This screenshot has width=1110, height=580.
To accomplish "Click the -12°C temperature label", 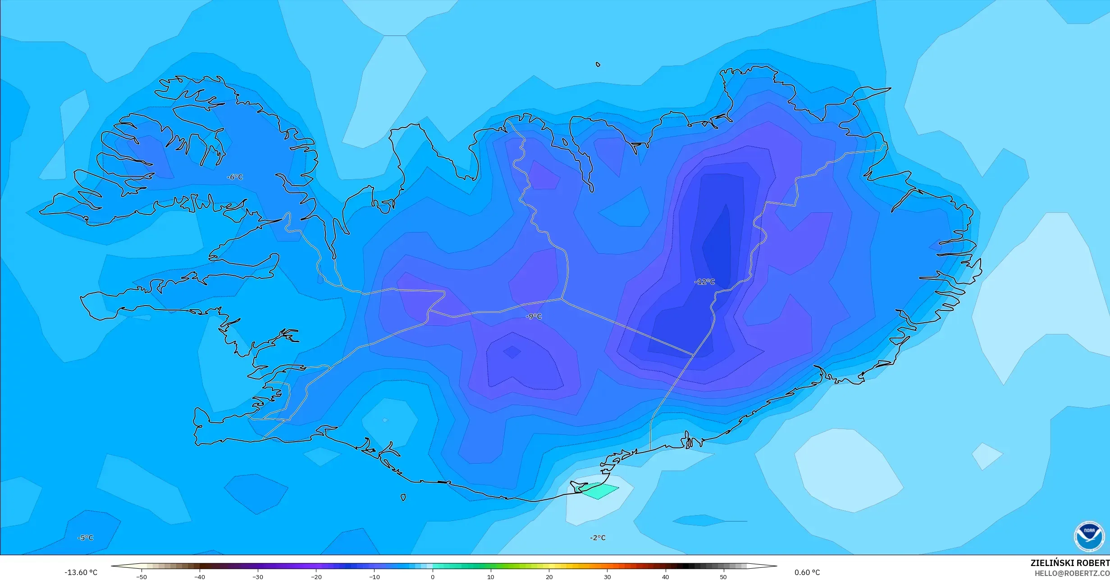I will pyautogui.click(x=705, y=282).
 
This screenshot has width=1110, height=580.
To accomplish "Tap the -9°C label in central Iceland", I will pyautogui.click(x=534, y=317).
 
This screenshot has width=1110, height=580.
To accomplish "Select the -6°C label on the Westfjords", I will pyautogui.click(x=234, y=177).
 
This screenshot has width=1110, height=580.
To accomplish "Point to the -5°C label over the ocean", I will pyautogui.click(x=85, y=538).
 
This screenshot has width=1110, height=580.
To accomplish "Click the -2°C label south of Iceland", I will pyautogui.click(x=598, y=538).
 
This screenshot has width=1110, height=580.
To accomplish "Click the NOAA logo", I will pyautogui.click(x=1089, y=536).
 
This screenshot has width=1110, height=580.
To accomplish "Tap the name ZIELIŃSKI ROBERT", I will pyautogui.click(x=1069, y=563).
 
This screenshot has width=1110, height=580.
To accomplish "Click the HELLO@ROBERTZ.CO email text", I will pyautogui.click(x=1071, y=573).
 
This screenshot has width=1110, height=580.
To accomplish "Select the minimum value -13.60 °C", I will pyautogui.click(x=81, y=572).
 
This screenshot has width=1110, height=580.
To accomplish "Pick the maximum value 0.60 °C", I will pyautogui.click(x=807, y=572).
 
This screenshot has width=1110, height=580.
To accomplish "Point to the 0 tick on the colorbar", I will pyautogui.click(x=433, y=576).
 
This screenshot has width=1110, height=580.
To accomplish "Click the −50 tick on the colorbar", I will pyautogui.click(x=142, y=576).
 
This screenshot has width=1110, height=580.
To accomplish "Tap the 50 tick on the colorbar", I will pyautogui.click(x=723, y=576).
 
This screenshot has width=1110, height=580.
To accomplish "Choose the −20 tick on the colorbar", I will pyautogui.click(x=316, y=576).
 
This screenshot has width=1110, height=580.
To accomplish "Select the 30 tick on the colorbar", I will pyautogui.click(x=607, y=576).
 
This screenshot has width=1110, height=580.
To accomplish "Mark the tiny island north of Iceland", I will pyautogui.click(x=598, y=64).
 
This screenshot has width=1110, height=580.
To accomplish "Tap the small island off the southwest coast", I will pyautogui.click(x=403, y=498).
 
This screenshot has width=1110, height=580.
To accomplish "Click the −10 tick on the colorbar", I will pyautogui.click(x=375, y=576).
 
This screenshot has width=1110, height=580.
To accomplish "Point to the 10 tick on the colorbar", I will pyautogui.click(x=491, y=576).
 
